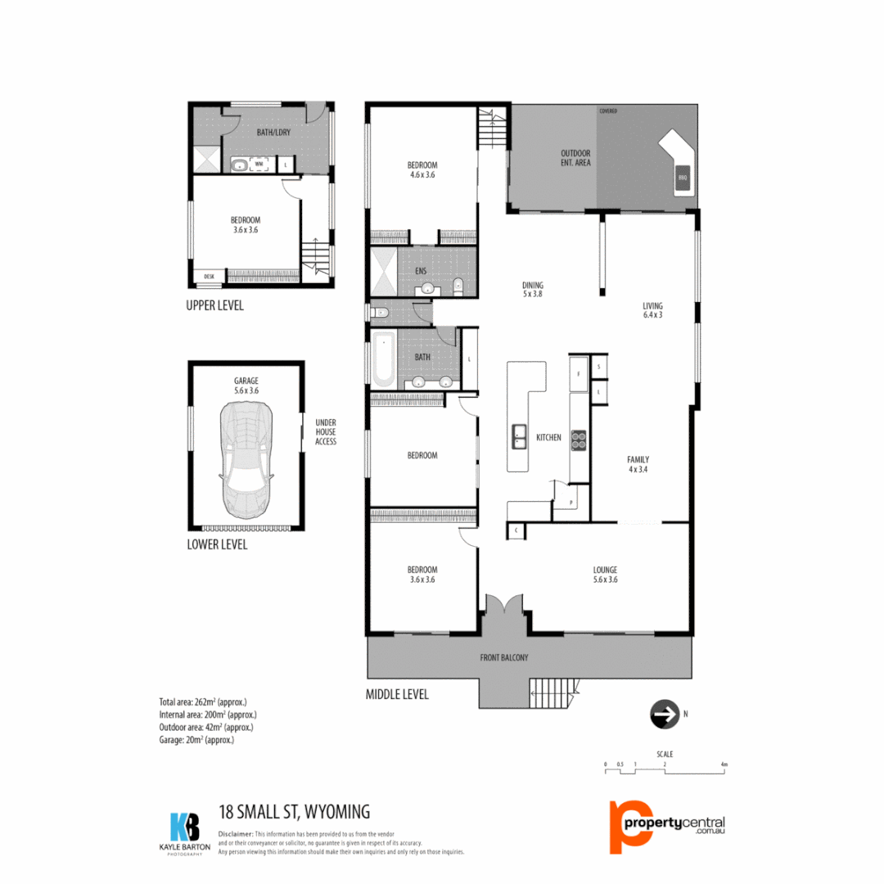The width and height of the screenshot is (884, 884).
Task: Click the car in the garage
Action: click(246, 458)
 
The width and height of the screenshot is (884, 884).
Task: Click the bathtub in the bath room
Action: click(383, 360)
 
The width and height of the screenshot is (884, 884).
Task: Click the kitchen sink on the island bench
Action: click(519, 437)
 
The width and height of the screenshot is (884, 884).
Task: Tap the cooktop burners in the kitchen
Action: click(578, 440)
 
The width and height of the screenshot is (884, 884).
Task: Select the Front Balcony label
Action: click(503, 657)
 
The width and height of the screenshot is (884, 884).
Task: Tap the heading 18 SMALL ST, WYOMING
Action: click(295, 812)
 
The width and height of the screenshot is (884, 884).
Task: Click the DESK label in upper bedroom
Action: click(209, 277)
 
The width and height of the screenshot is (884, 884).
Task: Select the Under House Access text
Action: click(326, 432)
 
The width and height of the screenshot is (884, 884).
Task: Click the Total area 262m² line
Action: click(202, 702)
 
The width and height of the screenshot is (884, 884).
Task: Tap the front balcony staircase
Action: click(557, 694)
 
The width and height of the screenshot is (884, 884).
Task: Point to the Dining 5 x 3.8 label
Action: click(532, 290)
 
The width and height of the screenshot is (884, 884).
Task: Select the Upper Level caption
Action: click(215, 306)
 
